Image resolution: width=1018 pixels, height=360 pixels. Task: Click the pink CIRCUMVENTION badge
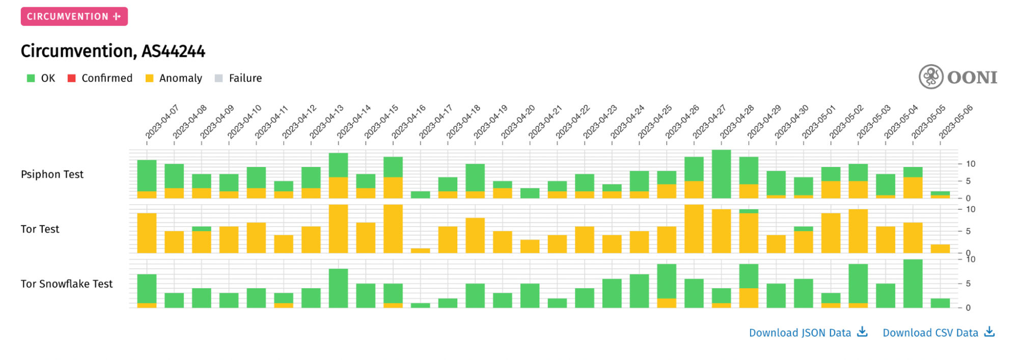[74, 16]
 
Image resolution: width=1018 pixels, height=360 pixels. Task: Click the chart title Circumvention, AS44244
[113, 51]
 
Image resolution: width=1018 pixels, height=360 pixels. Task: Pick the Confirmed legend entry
[100, 78]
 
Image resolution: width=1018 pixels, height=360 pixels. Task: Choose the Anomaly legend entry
[174, 78]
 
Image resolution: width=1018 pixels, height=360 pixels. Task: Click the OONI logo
[957, 77]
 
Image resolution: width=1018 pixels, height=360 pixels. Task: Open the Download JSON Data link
[808, 333]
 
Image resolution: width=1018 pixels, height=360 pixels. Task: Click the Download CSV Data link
[938, 333]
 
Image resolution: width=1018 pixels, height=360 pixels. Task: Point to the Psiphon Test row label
[52, 175]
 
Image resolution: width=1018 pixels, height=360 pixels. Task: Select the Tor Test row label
[40, 229]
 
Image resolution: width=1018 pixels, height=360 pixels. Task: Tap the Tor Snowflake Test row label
[67, 284]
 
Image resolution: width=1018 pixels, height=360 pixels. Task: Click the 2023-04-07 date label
[161, 122]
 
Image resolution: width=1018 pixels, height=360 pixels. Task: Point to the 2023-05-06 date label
[955, 122]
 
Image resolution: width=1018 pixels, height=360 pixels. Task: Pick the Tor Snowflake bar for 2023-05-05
[913, 284]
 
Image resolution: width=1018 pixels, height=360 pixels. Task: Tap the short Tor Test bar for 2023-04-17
[420, 251]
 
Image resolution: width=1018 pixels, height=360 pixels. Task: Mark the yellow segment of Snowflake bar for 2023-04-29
[749, 298]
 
